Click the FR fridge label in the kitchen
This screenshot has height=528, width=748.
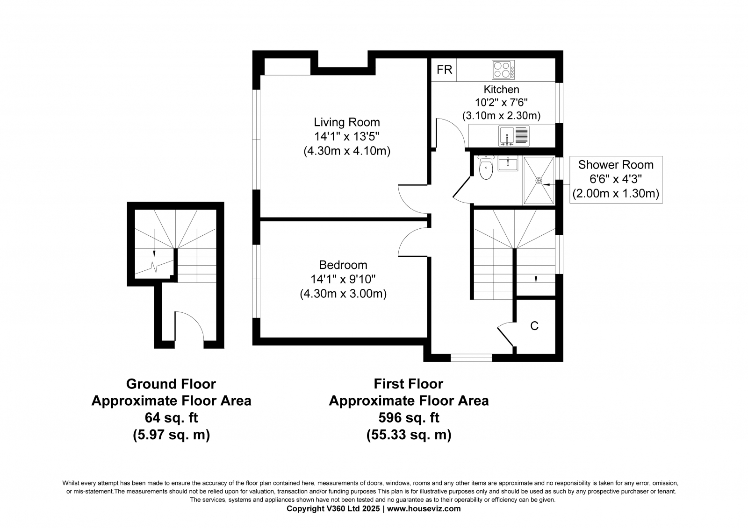[x=444, y=70]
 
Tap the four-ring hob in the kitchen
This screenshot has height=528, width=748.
[x=503, y=70]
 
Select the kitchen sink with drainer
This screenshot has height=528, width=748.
[x=514, y=136]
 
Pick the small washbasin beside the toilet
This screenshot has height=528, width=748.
[x=508, y=164]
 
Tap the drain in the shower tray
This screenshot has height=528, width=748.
[x=539, y=181]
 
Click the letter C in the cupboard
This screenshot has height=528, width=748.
[x=534, y=326]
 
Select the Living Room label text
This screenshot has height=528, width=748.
[x=347, y=122]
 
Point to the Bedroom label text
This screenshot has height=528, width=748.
[x=343, y=265]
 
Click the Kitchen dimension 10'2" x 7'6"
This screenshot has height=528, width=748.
[x=501, y=102]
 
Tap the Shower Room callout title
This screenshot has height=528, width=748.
[x=616, y=165]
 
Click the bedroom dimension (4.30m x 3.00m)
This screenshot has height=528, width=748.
[x=343, y=294]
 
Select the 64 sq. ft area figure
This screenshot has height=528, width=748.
[x=171, y=418]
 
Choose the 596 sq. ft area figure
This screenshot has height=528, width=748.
[x=409, y=418]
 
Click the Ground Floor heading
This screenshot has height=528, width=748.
[x=171, y=384]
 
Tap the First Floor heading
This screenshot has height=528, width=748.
[x=409, y=384]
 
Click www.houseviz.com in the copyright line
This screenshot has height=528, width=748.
[x=424, y=509]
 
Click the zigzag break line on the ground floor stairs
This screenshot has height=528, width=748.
[x=154, y=267]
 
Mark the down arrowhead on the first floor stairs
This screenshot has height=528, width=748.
[x=536, y=280]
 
